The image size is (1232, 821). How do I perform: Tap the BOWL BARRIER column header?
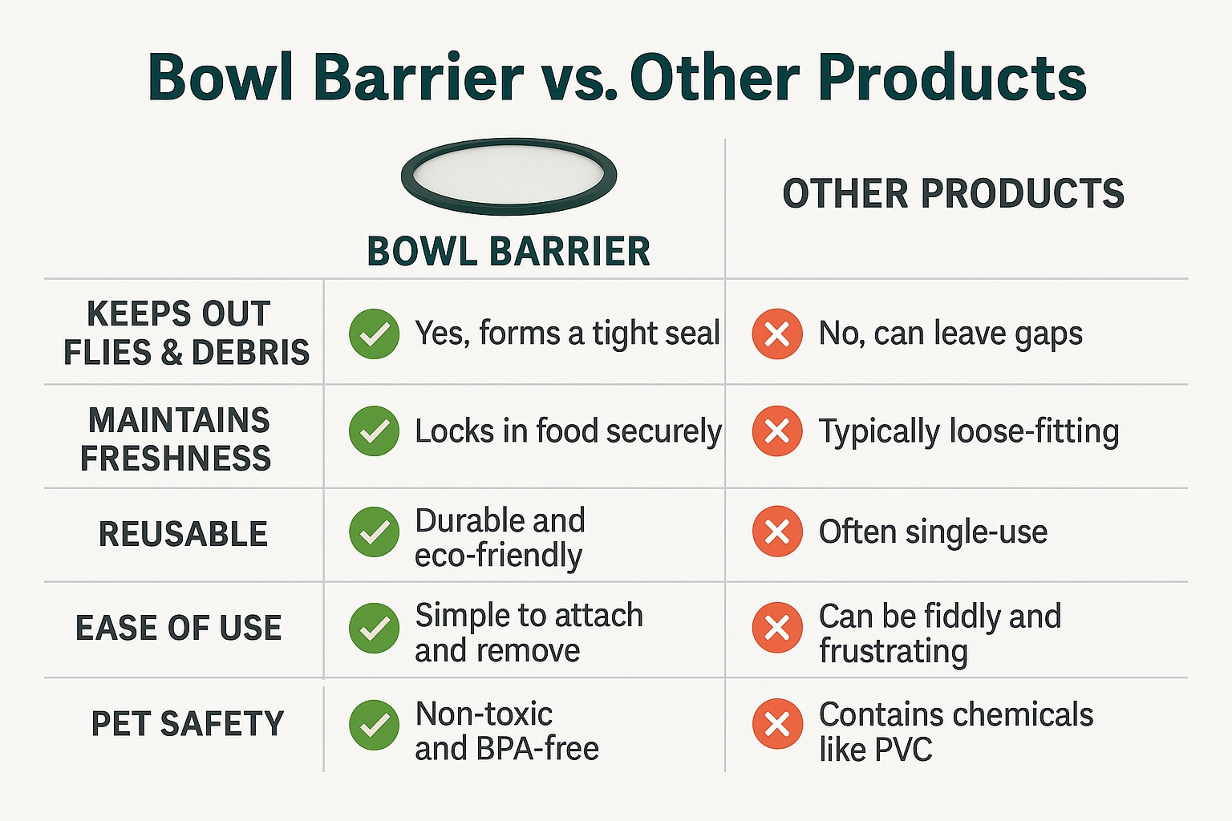click(509, 251)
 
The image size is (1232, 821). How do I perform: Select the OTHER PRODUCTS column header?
click(953, 193)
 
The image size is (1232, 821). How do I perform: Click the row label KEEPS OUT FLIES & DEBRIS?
click(186, 333)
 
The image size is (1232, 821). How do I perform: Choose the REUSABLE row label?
click(183, 534)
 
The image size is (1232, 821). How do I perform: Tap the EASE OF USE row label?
click(179, 628)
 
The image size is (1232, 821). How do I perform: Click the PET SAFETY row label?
click(188, 723)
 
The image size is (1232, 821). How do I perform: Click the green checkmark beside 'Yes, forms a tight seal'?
click(374, 334)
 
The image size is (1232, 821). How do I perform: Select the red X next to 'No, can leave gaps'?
click(777, 334)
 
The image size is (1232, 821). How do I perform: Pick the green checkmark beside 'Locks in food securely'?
click(374, 431)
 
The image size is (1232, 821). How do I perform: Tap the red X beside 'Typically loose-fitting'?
click(777, 431)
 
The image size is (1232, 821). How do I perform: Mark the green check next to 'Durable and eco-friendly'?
click(374, 532)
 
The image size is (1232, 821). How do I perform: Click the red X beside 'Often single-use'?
click(777, 532)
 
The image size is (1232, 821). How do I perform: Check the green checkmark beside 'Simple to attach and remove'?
click(374, 628)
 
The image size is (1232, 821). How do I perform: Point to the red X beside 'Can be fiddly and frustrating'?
click(777, 628)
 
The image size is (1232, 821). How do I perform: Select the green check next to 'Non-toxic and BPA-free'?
click(374, 725)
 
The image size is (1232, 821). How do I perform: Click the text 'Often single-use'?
click(933, 532)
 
